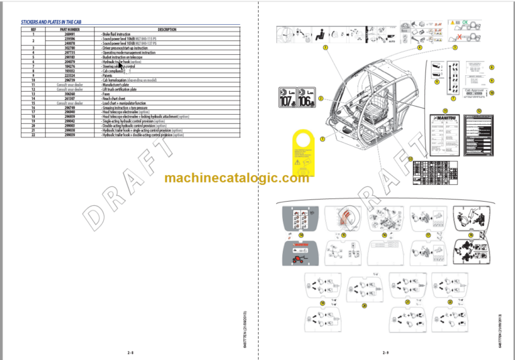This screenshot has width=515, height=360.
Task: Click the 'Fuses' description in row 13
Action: coord(106,94)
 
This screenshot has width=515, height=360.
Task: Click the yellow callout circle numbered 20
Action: coord(364,306)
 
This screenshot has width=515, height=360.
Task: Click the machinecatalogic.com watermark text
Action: coord(237,178)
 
